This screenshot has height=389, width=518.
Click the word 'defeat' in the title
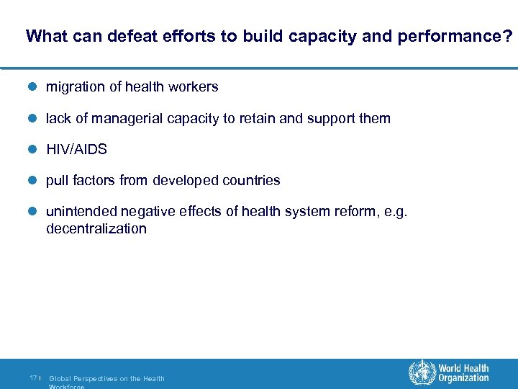pos(129,36)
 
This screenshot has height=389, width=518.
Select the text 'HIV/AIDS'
pos(76,150)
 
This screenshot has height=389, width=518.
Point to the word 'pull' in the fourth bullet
pos(57,181)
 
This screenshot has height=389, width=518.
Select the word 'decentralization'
pos(96,229)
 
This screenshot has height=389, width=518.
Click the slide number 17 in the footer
pos(34,378)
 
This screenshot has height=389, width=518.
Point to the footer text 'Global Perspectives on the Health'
pos(106,378)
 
